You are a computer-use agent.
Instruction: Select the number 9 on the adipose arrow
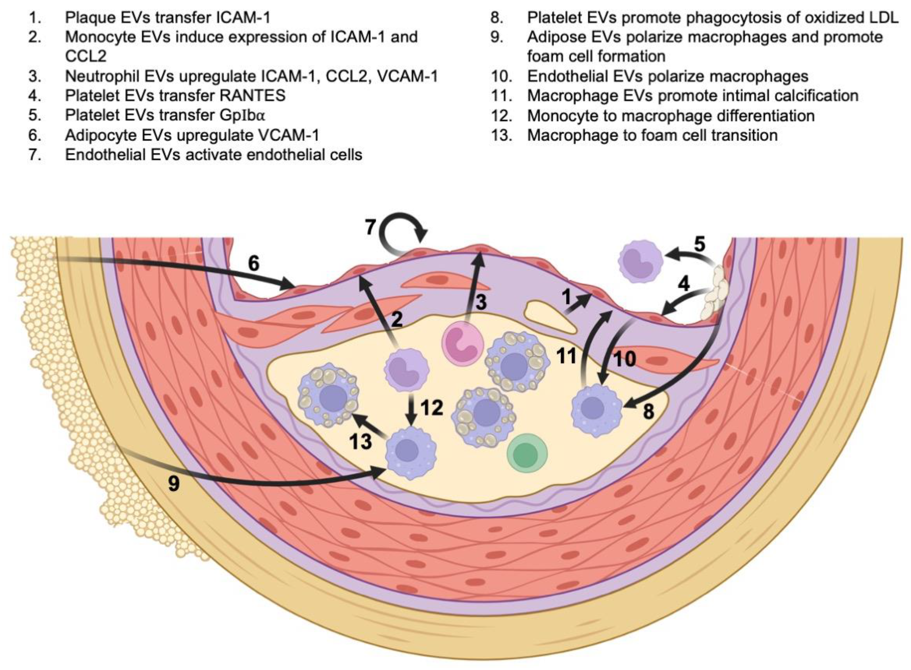point(174,483)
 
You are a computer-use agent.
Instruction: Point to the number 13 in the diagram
point(361,441)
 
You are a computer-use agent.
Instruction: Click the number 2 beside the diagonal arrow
point(396,319)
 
